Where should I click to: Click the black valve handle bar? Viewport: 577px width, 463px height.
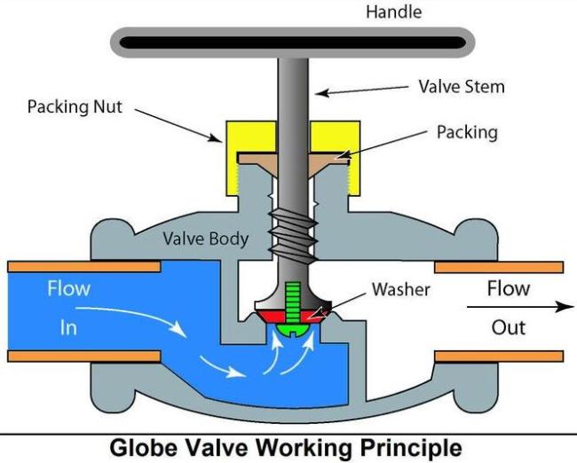[x=292, y=42]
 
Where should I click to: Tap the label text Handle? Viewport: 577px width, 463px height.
[x=393, y=12]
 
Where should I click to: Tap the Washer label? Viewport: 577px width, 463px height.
[x=400, y=289]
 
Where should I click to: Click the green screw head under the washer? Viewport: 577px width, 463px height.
[x=293, y=327]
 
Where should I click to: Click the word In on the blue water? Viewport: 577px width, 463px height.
[x=69, y=328]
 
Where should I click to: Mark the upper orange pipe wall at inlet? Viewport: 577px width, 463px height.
[x=83, y=266]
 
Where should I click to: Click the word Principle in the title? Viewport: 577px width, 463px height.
[x=410, y=446]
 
